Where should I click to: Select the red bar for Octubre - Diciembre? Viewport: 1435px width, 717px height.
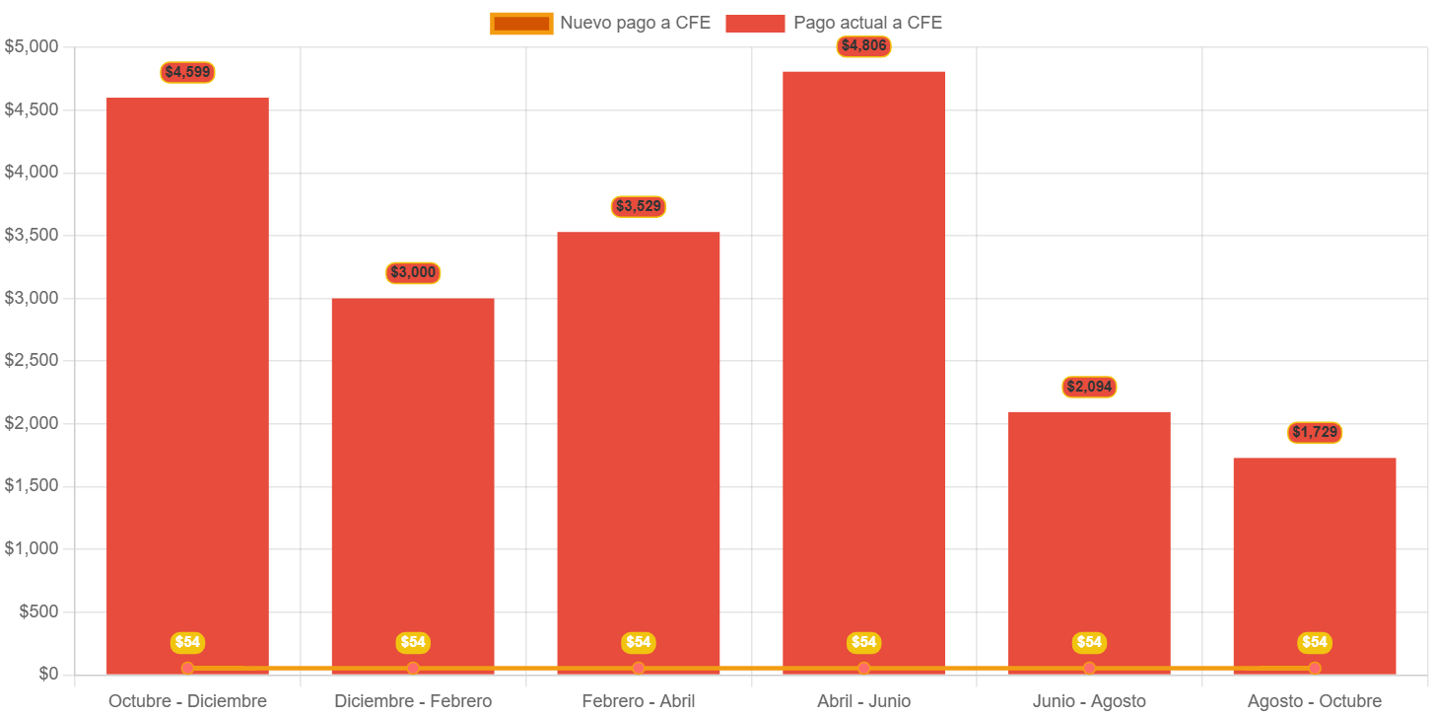(187, 385)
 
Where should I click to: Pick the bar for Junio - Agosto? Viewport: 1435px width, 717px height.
(1089, 542)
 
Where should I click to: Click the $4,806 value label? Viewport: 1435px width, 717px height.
(863, 45)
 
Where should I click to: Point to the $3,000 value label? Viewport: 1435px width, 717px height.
(413, 272)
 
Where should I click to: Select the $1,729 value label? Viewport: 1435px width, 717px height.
(1315, 432)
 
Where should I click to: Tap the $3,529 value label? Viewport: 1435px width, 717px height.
(639, 206)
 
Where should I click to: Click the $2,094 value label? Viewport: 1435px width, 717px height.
(1089, 387)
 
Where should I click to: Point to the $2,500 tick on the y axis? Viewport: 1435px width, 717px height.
(31, 360)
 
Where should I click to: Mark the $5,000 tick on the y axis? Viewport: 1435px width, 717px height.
(31, 46)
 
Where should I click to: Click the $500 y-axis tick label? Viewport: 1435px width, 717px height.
(38, 611)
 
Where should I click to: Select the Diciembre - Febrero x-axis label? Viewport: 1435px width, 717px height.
(413, 701)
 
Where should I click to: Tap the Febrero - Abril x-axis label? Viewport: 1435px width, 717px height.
(639, 701)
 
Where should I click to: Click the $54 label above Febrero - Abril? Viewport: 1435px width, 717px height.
(639, 642)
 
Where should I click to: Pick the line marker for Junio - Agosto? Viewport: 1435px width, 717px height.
(1089, 669)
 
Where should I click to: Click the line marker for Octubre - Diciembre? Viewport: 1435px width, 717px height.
(187, 669)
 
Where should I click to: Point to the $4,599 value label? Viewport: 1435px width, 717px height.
(187, 72)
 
